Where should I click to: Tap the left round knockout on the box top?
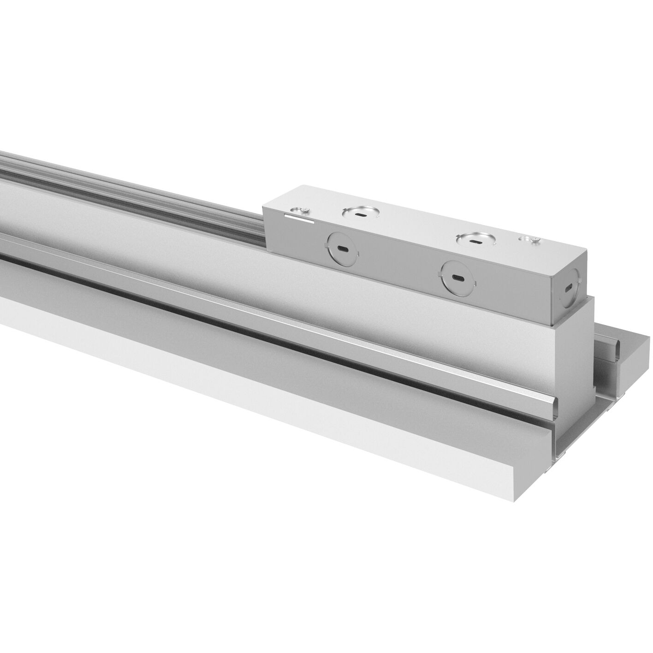click(x=361, y=213)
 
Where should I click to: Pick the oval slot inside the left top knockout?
click(x=361, y=214)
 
